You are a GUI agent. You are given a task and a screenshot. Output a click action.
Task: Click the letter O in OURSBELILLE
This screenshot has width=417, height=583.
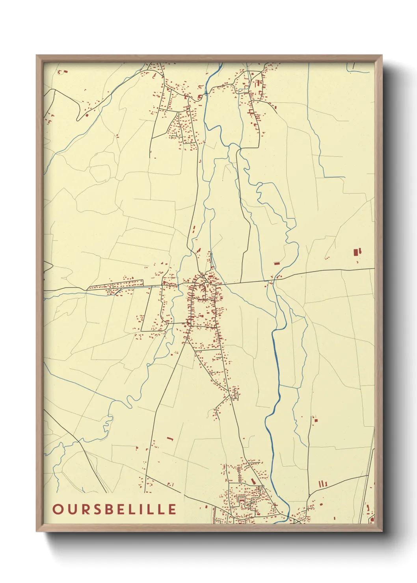(x=58, y=509)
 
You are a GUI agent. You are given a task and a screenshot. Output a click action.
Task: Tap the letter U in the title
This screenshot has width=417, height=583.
(x=71, y=509)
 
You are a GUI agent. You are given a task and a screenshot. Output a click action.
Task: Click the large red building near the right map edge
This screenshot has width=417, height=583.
(x=357, y=252)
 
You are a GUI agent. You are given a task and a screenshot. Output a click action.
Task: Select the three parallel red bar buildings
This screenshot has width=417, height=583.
(x=323, y=483)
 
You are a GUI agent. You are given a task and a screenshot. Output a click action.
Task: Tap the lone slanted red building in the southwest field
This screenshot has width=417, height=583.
(x=170, y=438)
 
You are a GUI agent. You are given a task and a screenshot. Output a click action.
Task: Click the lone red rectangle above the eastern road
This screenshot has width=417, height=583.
(x=277, y=263)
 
